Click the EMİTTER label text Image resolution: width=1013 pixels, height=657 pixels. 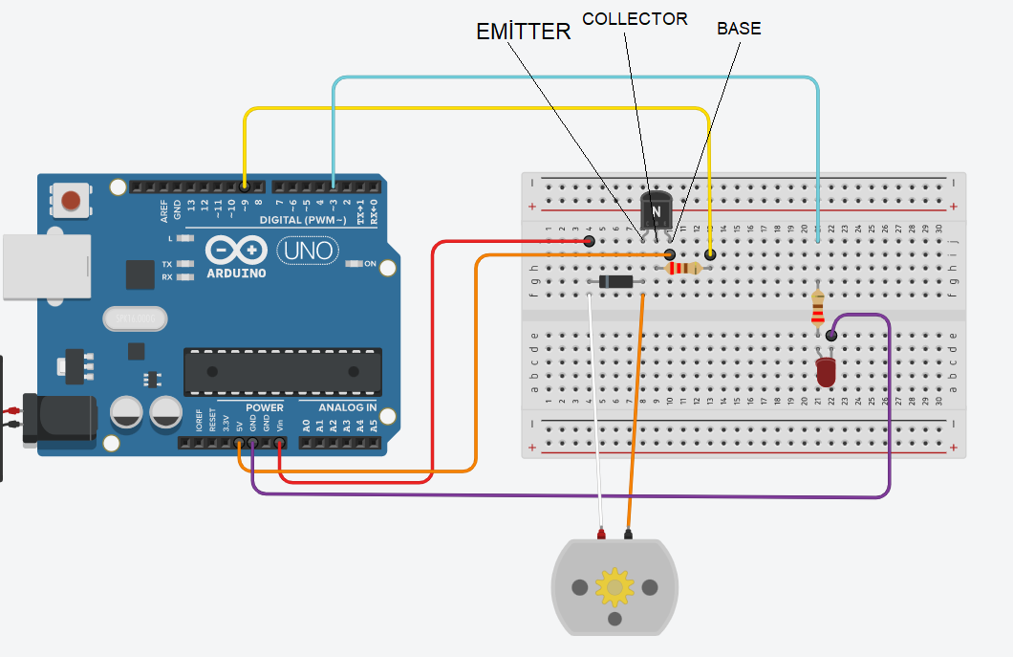(x=523, y=32)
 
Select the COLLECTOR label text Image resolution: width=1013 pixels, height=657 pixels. (x=635, y=19)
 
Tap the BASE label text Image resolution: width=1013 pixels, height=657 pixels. (x=739, y=29)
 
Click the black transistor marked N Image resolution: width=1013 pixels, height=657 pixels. (x=656, y=209)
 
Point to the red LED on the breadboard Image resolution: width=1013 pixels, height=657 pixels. (x=826, y=371)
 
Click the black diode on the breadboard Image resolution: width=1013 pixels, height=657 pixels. (x=615, y=281)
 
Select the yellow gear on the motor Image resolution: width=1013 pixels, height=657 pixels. (x=614, y=586)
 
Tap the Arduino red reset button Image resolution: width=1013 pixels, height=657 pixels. (x=71, y=201)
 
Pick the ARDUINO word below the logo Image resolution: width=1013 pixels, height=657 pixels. (x=236, y=274)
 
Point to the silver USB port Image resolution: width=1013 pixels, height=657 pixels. (x=45, y=267)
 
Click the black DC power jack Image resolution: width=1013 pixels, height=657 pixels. (x=59, y=419)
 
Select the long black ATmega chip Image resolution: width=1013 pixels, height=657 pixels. (x=282, y=371)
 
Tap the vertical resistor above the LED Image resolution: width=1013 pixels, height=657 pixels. (x=818, y=308)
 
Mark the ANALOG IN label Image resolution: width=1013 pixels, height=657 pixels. (x=347, y=407)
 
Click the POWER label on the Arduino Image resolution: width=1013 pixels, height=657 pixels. (x=265, y=407)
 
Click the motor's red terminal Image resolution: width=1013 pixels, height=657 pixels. (x=602, y=533)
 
